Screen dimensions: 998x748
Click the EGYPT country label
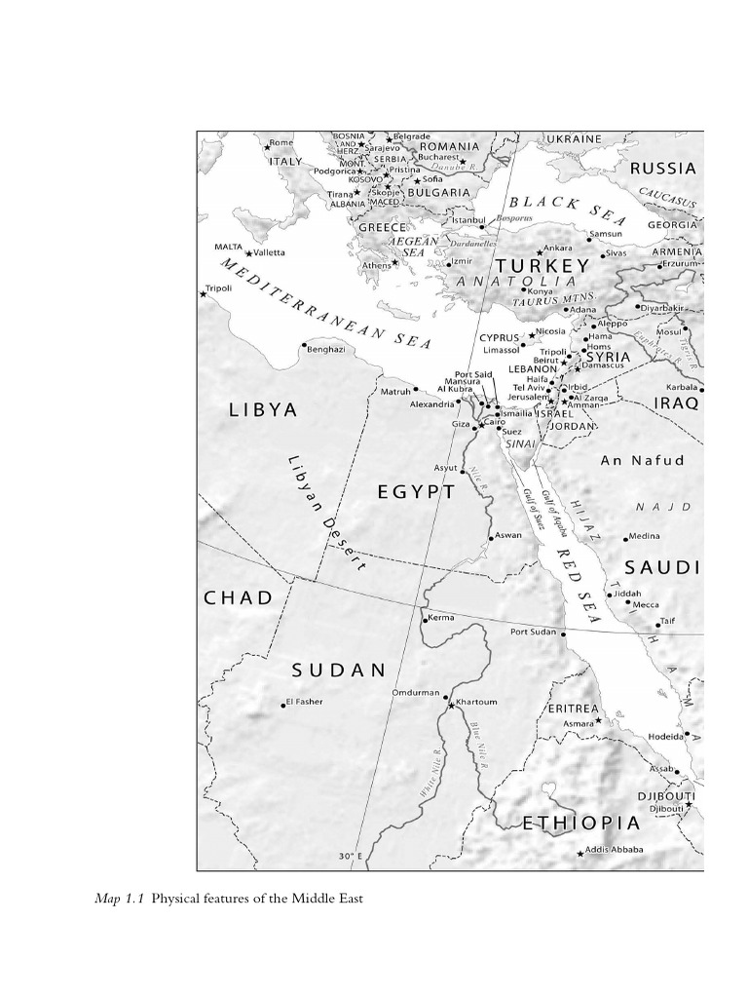coord(416,492)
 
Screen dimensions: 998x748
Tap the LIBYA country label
coord(263,409)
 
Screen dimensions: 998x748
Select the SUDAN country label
coord(339,670)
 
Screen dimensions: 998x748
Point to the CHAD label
coord(239,597)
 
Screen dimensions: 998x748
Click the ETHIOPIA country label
coord(581,824)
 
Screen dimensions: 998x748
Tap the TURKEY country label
coord(542,266)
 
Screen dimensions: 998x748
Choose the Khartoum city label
coord(476,702)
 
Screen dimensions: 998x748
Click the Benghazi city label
coord(326,349)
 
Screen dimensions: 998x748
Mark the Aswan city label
coord(507,535)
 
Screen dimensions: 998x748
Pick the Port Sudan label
coord(533,632)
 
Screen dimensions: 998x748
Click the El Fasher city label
coord(305,702)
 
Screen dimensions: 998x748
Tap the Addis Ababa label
coord(615,850)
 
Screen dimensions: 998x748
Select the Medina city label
coord(644,536)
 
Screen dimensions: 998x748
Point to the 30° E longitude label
coord(351,857)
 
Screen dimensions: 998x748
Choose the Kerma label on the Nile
coord(441,618)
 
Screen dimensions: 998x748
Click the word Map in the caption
coord(107,899)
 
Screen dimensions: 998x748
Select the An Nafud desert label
coord(642,460)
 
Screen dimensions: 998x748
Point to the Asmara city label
coord(579,724)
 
